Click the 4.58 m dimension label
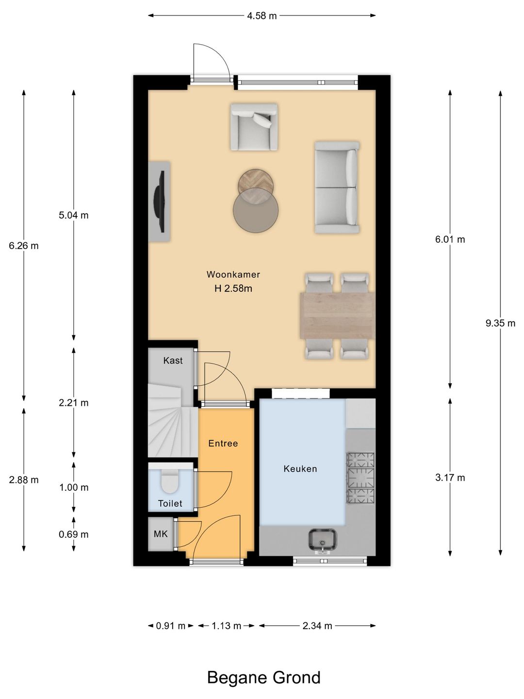pos(262,16)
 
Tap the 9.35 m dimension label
pos(500,323)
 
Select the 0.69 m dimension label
pos(73,534)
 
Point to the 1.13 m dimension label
pos(226,626)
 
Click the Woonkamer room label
pos(233,274)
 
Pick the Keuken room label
pos(300,468)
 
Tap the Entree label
pos(223,443)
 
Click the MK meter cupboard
pos(161,534)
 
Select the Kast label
pos(173,360)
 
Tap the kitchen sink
pos(322,539)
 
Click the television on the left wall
pos(160,201)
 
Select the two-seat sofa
pos(337,187)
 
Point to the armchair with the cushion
pos(254,126)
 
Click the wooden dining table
pos(338,316)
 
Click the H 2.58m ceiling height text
pos(233,288)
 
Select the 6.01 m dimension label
pos(450,239)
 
